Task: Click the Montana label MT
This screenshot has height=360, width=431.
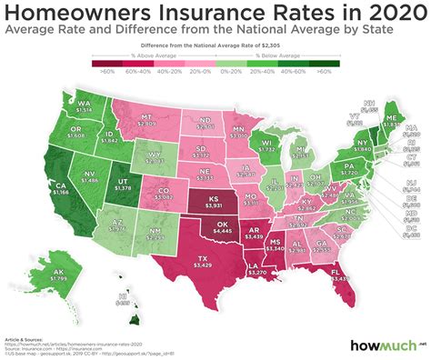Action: [145, 118]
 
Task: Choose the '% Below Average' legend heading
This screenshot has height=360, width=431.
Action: [286, 55]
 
